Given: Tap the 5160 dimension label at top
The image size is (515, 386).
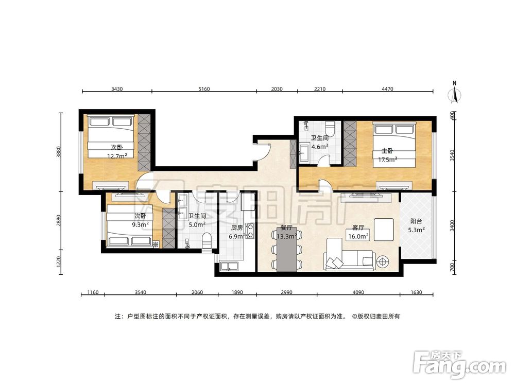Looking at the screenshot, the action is coord(204,89).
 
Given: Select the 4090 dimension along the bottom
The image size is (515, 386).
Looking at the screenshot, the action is coord(358,292).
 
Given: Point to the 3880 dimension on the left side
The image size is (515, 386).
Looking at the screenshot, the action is coord(59,151).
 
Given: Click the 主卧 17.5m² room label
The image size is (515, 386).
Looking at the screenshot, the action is coord(388,155).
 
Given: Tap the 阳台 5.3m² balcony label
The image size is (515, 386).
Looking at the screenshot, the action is coord(416,225).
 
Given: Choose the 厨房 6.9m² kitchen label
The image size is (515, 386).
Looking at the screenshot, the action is coord(237,232).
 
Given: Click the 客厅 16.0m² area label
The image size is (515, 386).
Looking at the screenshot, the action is coord(358,232).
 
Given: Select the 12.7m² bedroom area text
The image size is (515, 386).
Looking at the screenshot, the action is coord(117,156).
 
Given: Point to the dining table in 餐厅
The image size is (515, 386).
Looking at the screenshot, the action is coord(287,249).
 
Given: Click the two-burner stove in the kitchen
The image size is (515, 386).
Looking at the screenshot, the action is coord(250,231).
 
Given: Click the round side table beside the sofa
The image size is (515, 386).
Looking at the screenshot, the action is coord(382,261).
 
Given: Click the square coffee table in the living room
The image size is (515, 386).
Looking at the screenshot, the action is coord(383,230).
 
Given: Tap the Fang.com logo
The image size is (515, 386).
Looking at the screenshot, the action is coord(460,364).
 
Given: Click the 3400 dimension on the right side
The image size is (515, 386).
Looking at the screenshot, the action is coord(452,225).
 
